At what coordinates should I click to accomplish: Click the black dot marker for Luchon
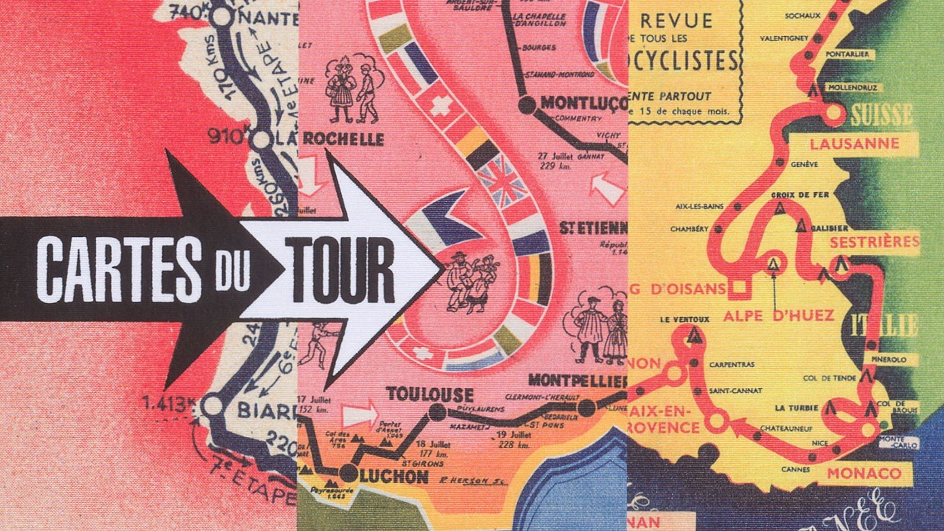(x=350, y=473)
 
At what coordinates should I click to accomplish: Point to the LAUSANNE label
(x=855, y=143)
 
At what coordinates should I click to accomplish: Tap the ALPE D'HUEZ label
(x=778, y=315)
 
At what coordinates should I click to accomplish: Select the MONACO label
(x=864, y=473)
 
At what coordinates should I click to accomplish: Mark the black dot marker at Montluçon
(x=527, y=104)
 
